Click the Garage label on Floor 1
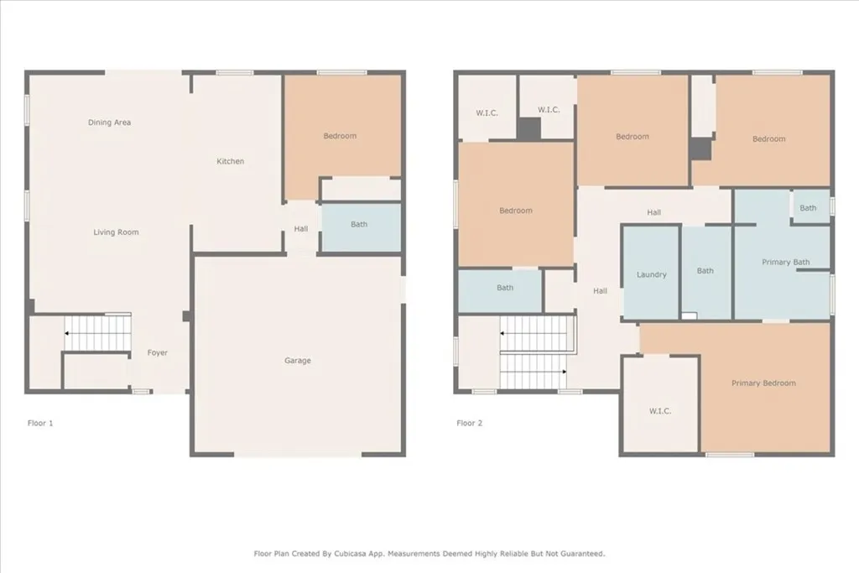tap(297, 361)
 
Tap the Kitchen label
tap(231, 161)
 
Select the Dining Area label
tap(109, 122)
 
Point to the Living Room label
tap(116, 232)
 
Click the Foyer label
tap(158, 353)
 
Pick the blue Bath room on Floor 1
tap(359, 225)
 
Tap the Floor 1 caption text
tap(40, 424)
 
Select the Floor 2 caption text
tap(470, 424)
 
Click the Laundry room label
tap(651, 274)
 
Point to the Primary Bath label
tap(786, 263)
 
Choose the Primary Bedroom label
tap(763, 383)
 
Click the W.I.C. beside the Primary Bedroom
tap(660, 411)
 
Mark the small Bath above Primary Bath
tap(808, 208)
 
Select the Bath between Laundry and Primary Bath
tap(705, 271)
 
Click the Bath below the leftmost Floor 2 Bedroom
tap(505, 289)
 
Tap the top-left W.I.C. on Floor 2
tap(487, 112)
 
